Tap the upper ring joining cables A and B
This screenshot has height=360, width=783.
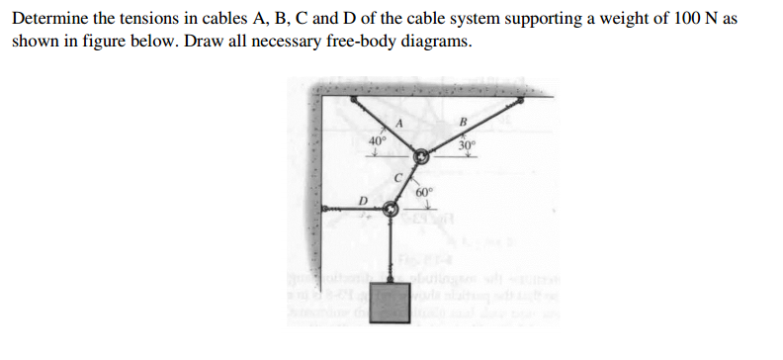click(421, 156)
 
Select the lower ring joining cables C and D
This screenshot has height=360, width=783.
click(391, 210)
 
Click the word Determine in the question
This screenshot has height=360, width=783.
click(48, 20)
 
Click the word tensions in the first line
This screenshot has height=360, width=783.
click(141, 20)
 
